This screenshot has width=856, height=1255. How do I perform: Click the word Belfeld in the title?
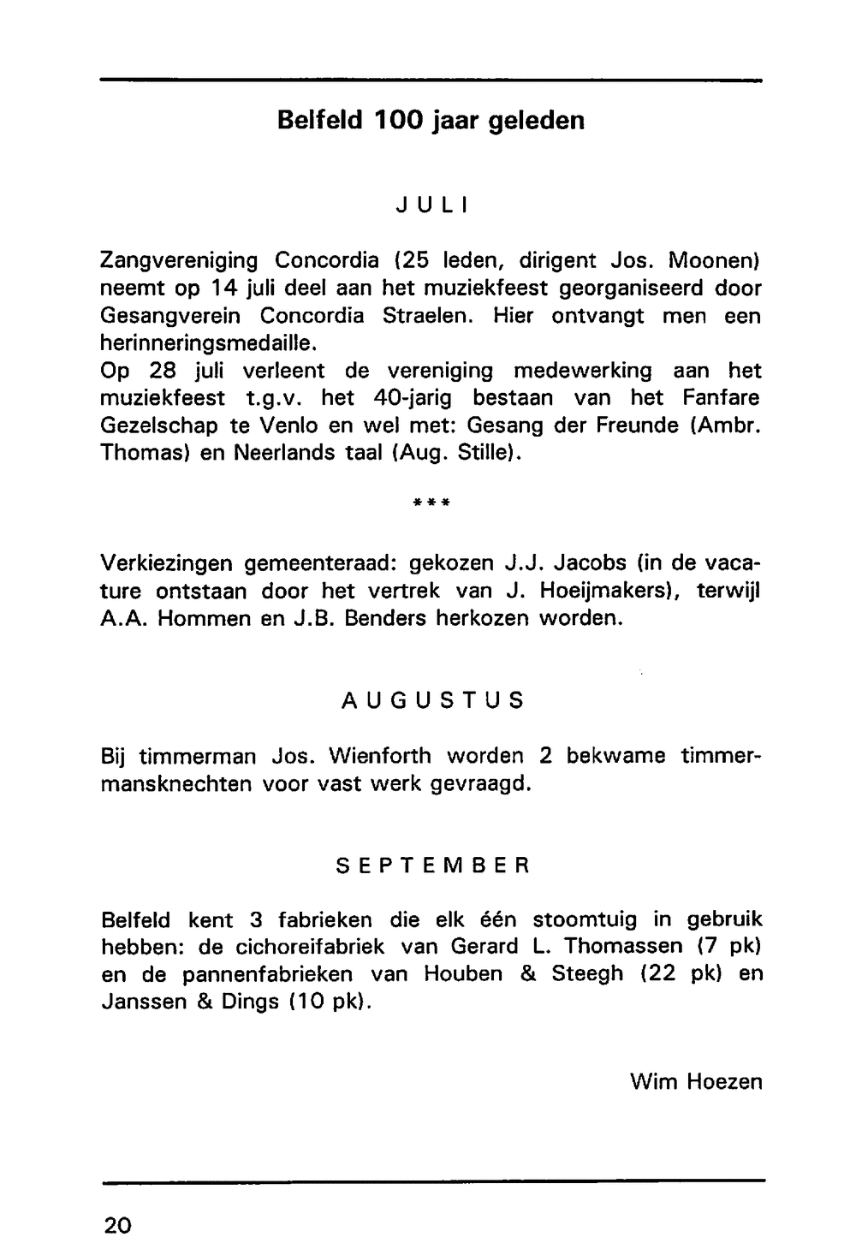pos(318,121)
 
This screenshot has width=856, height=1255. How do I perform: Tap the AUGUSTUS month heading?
pos(431,701)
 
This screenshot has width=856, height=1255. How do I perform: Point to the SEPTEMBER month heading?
pos(433,865)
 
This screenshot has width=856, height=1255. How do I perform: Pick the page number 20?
pos(117,1225)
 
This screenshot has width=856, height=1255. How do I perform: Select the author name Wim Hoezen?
pos(695,1082)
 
